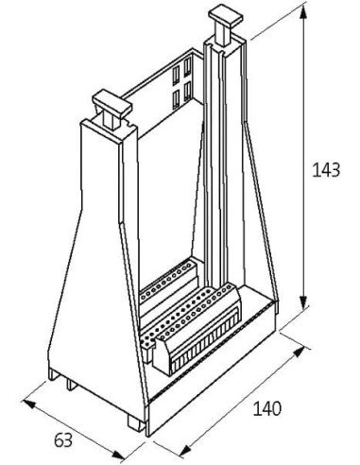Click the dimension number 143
tap(326, 169)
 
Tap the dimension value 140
tap(267, 408)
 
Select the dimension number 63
tap(63, 440)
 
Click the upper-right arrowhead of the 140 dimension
tap(299, 352)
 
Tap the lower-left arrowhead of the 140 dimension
tap(186, 451)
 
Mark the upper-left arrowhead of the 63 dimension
tap(29, 404)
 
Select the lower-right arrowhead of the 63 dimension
tap(119, 455)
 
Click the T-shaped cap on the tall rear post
tap(225, 22)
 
